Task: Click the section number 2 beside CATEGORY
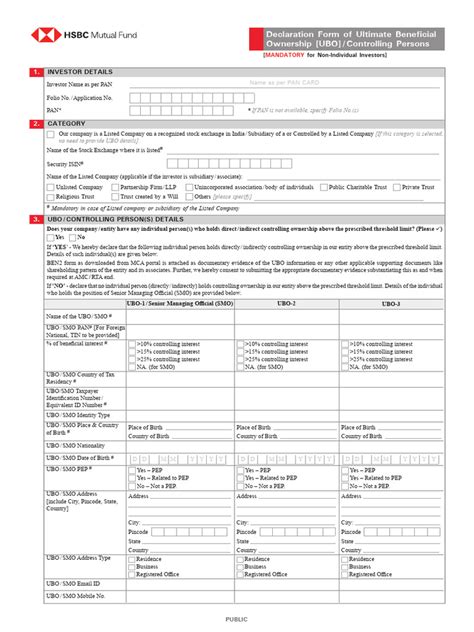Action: [x=36, y=124]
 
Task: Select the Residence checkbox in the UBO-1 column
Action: [x=133, y=559]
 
